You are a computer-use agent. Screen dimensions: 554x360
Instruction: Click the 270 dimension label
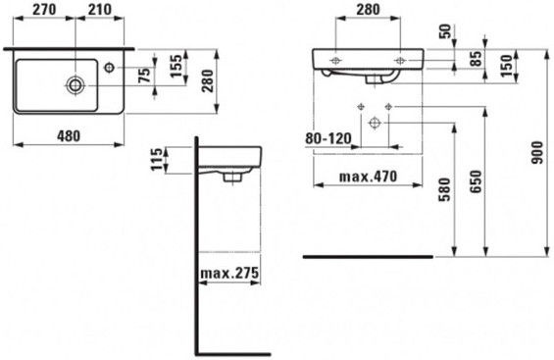[x=44, y=10]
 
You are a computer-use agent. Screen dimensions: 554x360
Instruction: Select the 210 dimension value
[x=100, y=10]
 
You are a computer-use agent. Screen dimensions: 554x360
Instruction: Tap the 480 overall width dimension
[x=69, y=136]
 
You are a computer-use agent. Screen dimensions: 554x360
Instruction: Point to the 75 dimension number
[x=144, y=75]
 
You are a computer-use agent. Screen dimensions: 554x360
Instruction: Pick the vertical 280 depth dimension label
[x=208, y=80]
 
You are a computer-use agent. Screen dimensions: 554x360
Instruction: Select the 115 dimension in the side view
[x=158, y=160]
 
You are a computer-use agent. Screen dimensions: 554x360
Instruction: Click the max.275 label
[x=229, y=273]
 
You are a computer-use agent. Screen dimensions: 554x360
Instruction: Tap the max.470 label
[x=368, y=177]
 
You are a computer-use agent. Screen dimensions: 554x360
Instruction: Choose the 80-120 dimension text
[x=328, y=139]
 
